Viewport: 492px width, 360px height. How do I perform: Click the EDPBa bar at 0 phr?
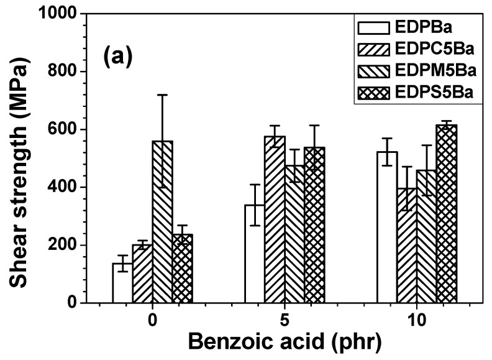(122, 284)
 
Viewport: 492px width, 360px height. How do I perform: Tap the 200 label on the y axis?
(63, 246)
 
